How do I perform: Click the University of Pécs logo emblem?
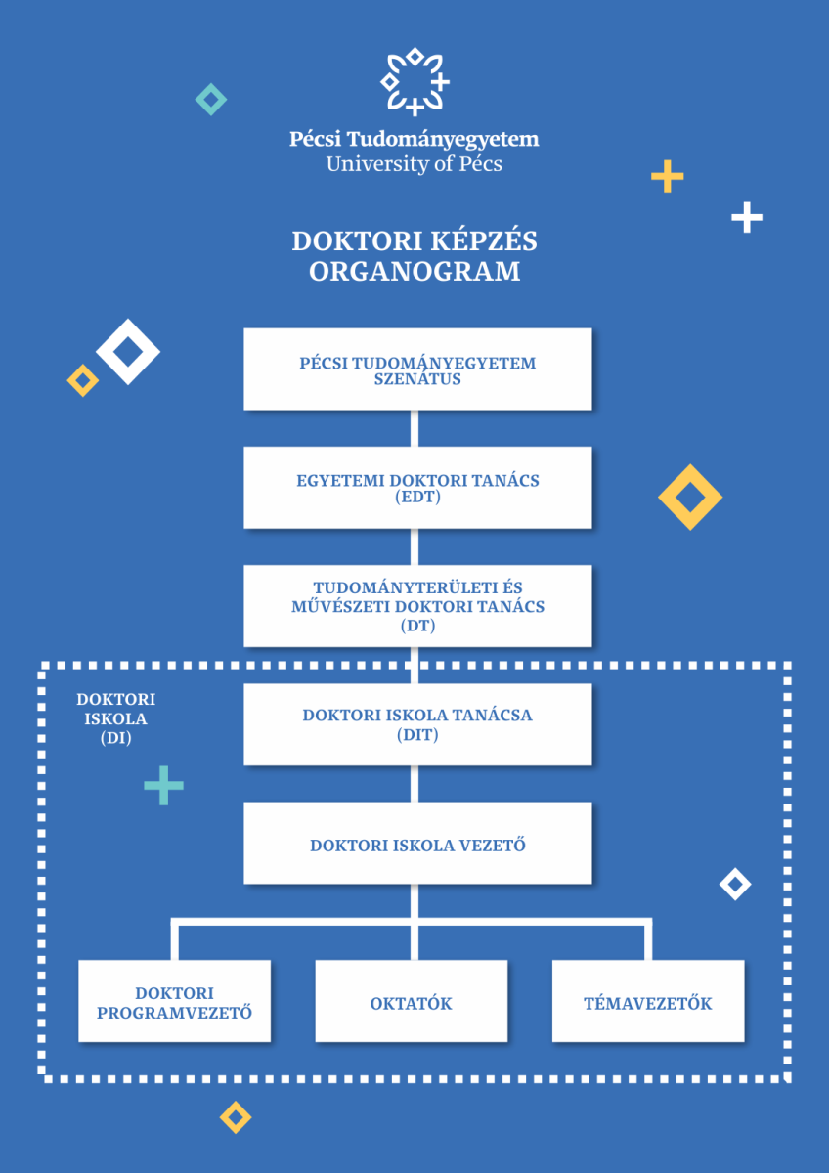[414, 81]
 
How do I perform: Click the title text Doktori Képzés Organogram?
[414, 255]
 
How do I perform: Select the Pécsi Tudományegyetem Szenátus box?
[417, 369]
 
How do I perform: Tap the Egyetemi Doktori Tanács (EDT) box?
[417, 488]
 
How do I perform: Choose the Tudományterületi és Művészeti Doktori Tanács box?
[417, 606]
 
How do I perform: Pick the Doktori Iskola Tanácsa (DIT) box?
[417, 724]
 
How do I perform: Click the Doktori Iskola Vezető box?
[417, 844]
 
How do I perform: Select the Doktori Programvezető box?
[174, 1002]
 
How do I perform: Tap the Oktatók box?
[411, 1002]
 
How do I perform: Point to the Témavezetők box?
[647, 1002]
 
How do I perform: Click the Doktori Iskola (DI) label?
[115, 719]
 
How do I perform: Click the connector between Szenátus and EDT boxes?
[414, 428]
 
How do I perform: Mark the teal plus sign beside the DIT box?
[163, 785]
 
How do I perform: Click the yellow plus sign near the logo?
[667, 177]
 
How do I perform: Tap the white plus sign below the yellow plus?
[746, 217]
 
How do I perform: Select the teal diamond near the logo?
[210, 99]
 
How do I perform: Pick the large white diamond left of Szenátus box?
[128, 351]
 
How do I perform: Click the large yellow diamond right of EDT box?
[690, 498]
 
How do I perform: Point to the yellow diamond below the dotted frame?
[235, 1116]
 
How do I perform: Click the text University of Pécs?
[414, 163]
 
